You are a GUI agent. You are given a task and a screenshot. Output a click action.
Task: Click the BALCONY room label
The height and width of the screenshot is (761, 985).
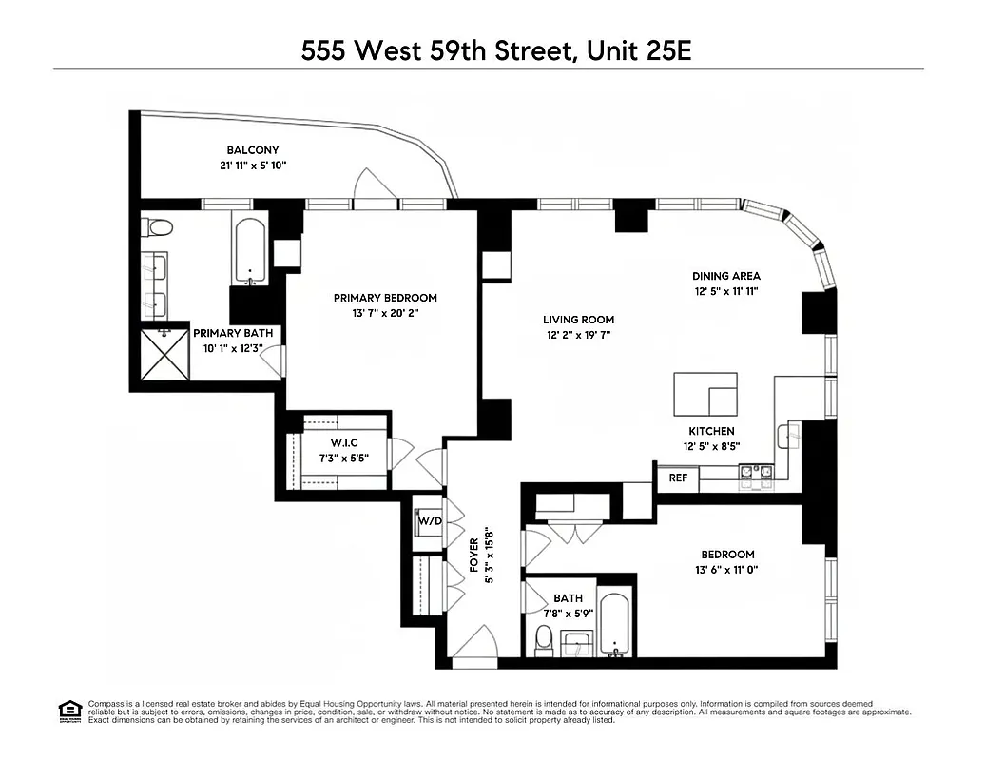pyautogui.click(x=252, y=150)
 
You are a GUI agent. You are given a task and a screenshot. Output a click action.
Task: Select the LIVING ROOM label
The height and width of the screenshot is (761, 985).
pyautogui.click(x=578, y=320)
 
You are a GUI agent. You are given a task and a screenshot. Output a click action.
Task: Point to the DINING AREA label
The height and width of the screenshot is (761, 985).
pyautogui.click(x=726, y=276)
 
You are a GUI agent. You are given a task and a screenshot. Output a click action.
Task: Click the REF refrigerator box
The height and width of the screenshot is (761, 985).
pyautogui.click(x=677, y=478)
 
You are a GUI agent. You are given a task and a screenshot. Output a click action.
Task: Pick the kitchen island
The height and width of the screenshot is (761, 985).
pyautogui.click(x=705, y=394)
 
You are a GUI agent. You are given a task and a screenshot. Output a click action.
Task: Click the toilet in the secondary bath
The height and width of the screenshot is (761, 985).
pyautogui.click(x=544, y=643)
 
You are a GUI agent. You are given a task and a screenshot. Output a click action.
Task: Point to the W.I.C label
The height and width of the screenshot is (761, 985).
pyautogui.click(x=343, y=443)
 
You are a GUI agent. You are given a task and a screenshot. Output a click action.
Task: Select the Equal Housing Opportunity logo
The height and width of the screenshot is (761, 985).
pyautogui.click(x=68, y=709)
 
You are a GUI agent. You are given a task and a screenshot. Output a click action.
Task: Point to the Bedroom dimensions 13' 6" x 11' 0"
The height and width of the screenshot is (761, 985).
pyautogui.click(x=727, y=570)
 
